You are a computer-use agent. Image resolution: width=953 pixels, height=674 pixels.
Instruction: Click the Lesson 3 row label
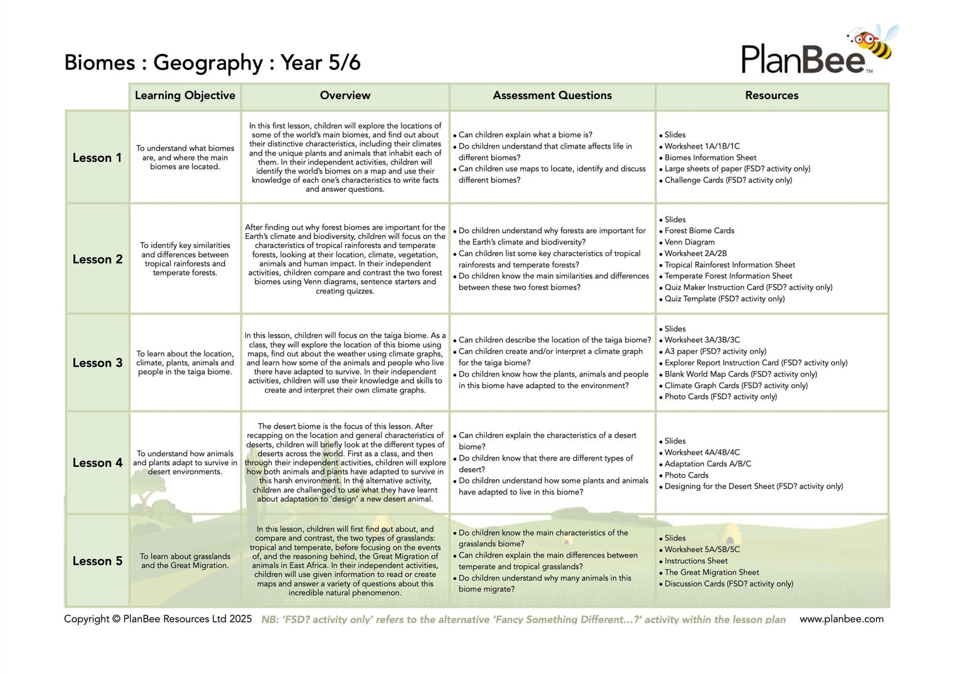point(97,363)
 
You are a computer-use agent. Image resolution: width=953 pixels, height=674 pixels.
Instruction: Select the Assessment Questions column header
point(552,95)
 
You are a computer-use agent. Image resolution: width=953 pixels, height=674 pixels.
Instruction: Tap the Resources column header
point(771,95)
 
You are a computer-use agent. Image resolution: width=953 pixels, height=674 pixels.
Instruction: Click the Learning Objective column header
point(185,95)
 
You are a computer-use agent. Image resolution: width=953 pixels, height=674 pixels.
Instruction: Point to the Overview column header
point(345,95)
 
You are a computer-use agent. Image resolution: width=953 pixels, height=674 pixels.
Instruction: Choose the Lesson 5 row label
point(97,561)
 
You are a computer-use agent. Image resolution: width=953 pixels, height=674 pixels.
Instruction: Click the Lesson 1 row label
point(97,158)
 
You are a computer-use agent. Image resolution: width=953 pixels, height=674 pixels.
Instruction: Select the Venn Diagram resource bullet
point(689,242)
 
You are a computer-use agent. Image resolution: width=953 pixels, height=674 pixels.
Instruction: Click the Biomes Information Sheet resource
point(710,158)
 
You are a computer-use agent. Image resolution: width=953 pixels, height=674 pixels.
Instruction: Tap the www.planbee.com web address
point(841,619)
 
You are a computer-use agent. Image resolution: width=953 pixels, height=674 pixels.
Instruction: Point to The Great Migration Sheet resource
point(712,572)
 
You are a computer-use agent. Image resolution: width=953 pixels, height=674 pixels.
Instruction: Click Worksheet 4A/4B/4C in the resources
point(702,452)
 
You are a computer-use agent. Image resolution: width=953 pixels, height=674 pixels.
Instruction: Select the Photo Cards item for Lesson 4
point(686,475)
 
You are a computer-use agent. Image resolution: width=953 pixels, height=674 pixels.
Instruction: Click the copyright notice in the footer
point(158,619)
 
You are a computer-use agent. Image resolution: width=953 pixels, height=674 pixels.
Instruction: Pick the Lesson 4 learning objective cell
point(185,462)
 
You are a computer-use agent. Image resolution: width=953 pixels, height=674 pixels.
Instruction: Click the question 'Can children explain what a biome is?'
point(525,135)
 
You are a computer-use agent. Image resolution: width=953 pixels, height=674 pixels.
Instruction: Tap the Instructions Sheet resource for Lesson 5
point(696,561)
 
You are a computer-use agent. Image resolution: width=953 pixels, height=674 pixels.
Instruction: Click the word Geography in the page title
point(208,63)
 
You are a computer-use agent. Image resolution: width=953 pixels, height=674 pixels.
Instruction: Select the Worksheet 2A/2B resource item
point(696,253)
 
